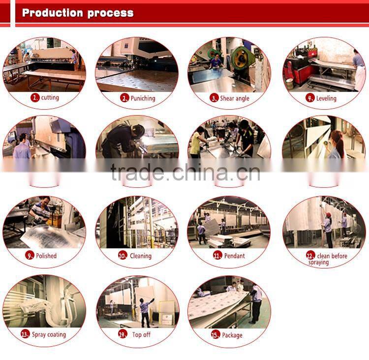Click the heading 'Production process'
point(78,13)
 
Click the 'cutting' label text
point(50,98)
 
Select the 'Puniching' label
point(143,98)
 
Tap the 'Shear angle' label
point(235,98)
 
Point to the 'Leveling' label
point(326,98)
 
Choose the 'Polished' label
point(46,256)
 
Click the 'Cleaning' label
point(141,256)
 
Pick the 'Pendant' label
point(234,256)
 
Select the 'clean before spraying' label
point(332,259)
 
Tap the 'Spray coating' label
point(49,334)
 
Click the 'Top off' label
point(141,334)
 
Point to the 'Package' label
point(232,335)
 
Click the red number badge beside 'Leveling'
point(310,98)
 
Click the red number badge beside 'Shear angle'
point(214,98)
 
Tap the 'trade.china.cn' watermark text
point(185,173)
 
